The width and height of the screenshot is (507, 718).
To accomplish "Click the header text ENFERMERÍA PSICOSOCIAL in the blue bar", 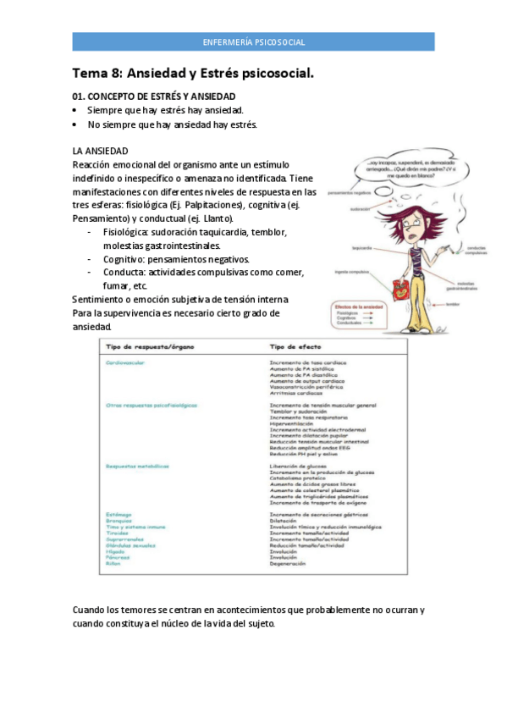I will pos(254,41).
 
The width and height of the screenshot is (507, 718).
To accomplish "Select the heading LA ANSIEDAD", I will pos(101,151).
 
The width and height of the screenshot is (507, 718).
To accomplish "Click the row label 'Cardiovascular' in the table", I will pos(124,362).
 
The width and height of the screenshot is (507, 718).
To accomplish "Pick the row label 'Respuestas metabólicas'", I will pos(137,466).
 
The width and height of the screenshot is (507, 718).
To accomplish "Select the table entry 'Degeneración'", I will pos(289,563).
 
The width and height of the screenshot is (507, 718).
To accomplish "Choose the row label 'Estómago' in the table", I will pos(118,514).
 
